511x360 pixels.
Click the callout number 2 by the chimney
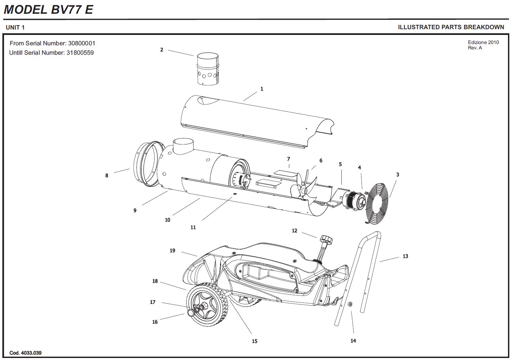tap(162, 50)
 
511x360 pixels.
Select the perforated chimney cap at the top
tap(208, 69)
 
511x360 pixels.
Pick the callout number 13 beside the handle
tap(405, 256)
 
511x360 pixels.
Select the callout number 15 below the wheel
tap(254, 341)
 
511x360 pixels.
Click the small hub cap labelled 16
tap(190, 313)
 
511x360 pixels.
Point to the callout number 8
tap(107, 175)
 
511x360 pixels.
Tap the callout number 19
tap(172, 251)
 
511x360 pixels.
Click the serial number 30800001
tap(82, 43)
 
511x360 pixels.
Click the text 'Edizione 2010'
tap(483, 42)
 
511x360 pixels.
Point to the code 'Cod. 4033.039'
tap(26, 353)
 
